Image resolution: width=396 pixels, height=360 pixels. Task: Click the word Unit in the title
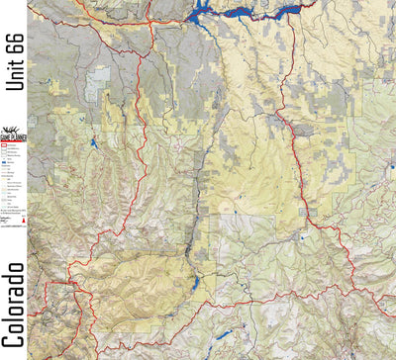click(x=13, y=73)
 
